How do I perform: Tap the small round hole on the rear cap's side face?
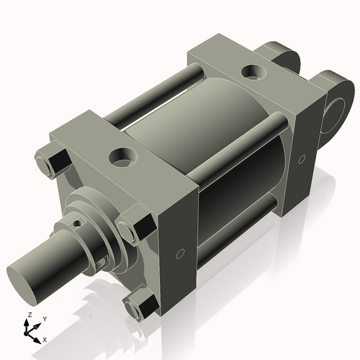(x=302, y=158)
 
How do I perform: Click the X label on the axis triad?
(x=45, y=338)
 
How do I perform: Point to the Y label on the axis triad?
(x=45, y=318)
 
